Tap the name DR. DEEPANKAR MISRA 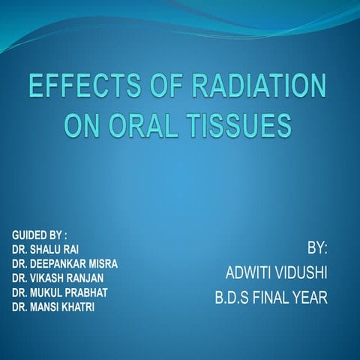point(64,264)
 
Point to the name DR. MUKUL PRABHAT point(60,292)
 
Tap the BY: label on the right point(317,247)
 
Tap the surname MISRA point(103,264)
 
